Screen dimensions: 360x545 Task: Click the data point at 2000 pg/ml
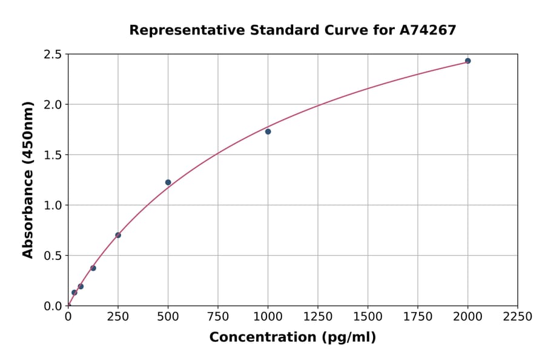pyautogui.click(x=467, y=61)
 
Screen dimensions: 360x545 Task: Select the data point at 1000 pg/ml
pyautogui.click(x=268, y=132)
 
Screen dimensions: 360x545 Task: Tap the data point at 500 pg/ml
pyautogui.click(x=168, y=182)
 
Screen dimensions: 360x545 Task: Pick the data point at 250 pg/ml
pyautogui.click(x=118, y=235)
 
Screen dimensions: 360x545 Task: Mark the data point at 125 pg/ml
pyautogui.click(x=93, y=268)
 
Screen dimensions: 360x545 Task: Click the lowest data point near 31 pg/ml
pyautogui.click(x=74, y=293)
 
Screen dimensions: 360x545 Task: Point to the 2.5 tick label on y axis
pyautogui.click(x=53, y=55)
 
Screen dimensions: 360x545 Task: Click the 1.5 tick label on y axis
pyautogui.click(x=53, y=155)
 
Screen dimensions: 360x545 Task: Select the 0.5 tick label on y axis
pyautogui.click(x=53, y=256)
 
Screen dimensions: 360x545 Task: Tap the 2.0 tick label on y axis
pyautogui.click(x=53, y=105)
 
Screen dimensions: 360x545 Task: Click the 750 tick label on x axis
pyautogui.click(x=218, y=317)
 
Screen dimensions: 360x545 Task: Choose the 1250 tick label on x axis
pyautogui.click(x=318, y=317)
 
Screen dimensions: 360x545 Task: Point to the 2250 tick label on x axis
pyautogui.click(x=518, y=317)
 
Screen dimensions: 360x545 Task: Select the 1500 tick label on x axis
pyautogui.click(x=368, y=317)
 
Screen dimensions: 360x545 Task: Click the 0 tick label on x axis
pyautogui.click(x=68, y=317)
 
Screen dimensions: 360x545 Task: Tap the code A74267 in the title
pyautogui.click(x=428, y=30)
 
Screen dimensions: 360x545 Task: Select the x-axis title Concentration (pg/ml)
pyautogui.click(x=292, y=338)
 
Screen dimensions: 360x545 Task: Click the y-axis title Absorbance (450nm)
pyautogui.click(x=28, y=179)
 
